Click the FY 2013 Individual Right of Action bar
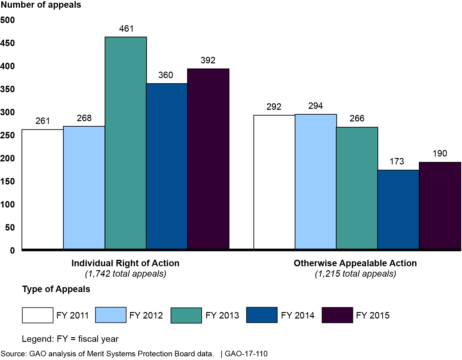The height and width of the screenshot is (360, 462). tap(126, 143)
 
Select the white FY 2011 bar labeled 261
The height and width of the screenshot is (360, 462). tap(43, 189)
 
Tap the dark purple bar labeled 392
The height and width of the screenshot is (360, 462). tap(208, 159)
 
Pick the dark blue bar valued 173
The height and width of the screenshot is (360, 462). tap(398, 209)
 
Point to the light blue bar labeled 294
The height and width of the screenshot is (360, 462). tap(316, 181)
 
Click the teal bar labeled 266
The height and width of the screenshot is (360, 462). tap(357, 188)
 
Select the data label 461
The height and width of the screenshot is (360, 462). tap(126, 29)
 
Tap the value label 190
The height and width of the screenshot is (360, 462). tap(440, 153)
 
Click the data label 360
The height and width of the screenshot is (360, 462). tap(166, 75)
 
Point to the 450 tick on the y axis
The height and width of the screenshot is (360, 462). tap(8, 43)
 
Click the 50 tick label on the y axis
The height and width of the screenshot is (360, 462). tap(10, 227)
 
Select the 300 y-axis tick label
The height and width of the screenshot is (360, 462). tap(8, 112)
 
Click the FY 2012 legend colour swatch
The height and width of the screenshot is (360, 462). tap(111, 315)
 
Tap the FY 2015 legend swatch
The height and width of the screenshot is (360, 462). tap(337, 315)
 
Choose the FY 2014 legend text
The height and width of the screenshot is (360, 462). tap(298, 315)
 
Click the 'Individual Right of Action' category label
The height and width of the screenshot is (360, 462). tap(125, 263)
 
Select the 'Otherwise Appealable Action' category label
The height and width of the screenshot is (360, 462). tap(355, 263)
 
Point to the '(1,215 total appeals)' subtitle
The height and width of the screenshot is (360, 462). tap(355, 274)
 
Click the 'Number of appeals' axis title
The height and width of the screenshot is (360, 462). tap(41, 5)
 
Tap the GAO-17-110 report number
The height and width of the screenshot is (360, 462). tap(246, 354)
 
